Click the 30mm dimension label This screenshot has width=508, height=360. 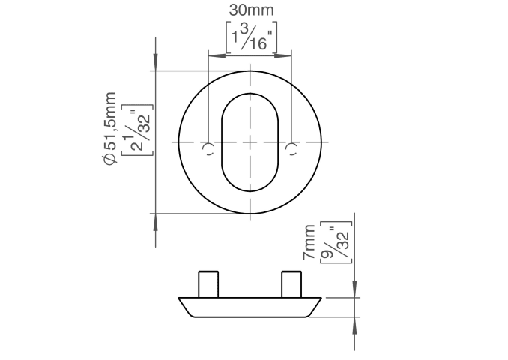tap(251, 10)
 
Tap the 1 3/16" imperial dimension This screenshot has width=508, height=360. tap(252, 37)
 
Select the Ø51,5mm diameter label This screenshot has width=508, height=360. tap(110, 129)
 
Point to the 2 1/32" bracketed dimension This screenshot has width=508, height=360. tap(136, 130)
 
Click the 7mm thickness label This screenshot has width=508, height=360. tap(309, 241)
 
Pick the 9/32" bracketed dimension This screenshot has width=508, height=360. tap(336, 242)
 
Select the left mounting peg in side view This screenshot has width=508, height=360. tap(208, 284)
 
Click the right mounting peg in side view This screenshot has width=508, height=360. tap(291, 284)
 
